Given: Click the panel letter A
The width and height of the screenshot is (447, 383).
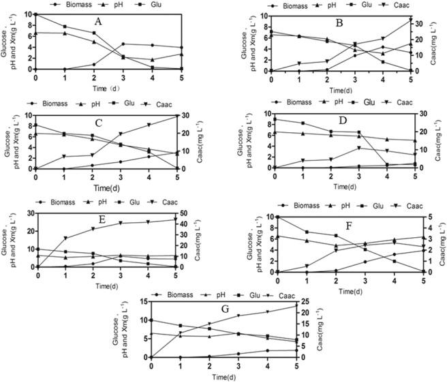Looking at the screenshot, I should click(x=98, y=21).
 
